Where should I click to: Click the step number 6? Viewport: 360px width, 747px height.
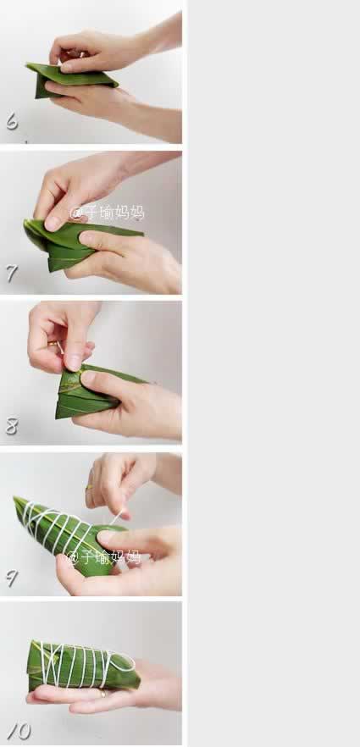tap(12, 121)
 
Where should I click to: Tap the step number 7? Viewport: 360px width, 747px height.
tap(12, 274)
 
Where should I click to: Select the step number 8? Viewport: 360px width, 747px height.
tap(12, 425)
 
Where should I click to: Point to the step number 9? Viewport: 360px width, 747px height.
tap(12, 578)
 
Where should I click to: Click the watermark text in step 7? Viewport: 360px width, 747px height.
tap(107, 213)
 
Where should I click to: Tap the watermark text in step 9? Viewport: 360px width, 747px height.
tap(104, 556)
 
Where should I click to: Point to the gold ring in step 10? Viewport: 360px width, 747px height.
tap(102, 693)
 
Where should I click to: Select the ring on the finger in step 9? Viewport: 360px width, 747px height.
tap(89, 487)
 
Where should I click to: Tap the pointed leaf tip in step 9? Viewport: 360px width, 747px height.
tap(16, 499)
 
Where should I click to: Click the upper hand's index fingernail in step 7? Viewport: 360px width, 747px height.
tap(53, 223)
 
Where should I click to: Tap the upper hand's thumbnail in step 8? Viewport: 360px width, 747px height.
tap(74, 362)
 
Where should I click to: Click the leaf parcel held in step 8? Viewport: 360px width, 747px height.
tap(95, 391)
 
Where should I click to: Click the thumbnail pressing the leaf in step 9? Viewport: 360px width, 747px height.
tap(105, 536)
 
